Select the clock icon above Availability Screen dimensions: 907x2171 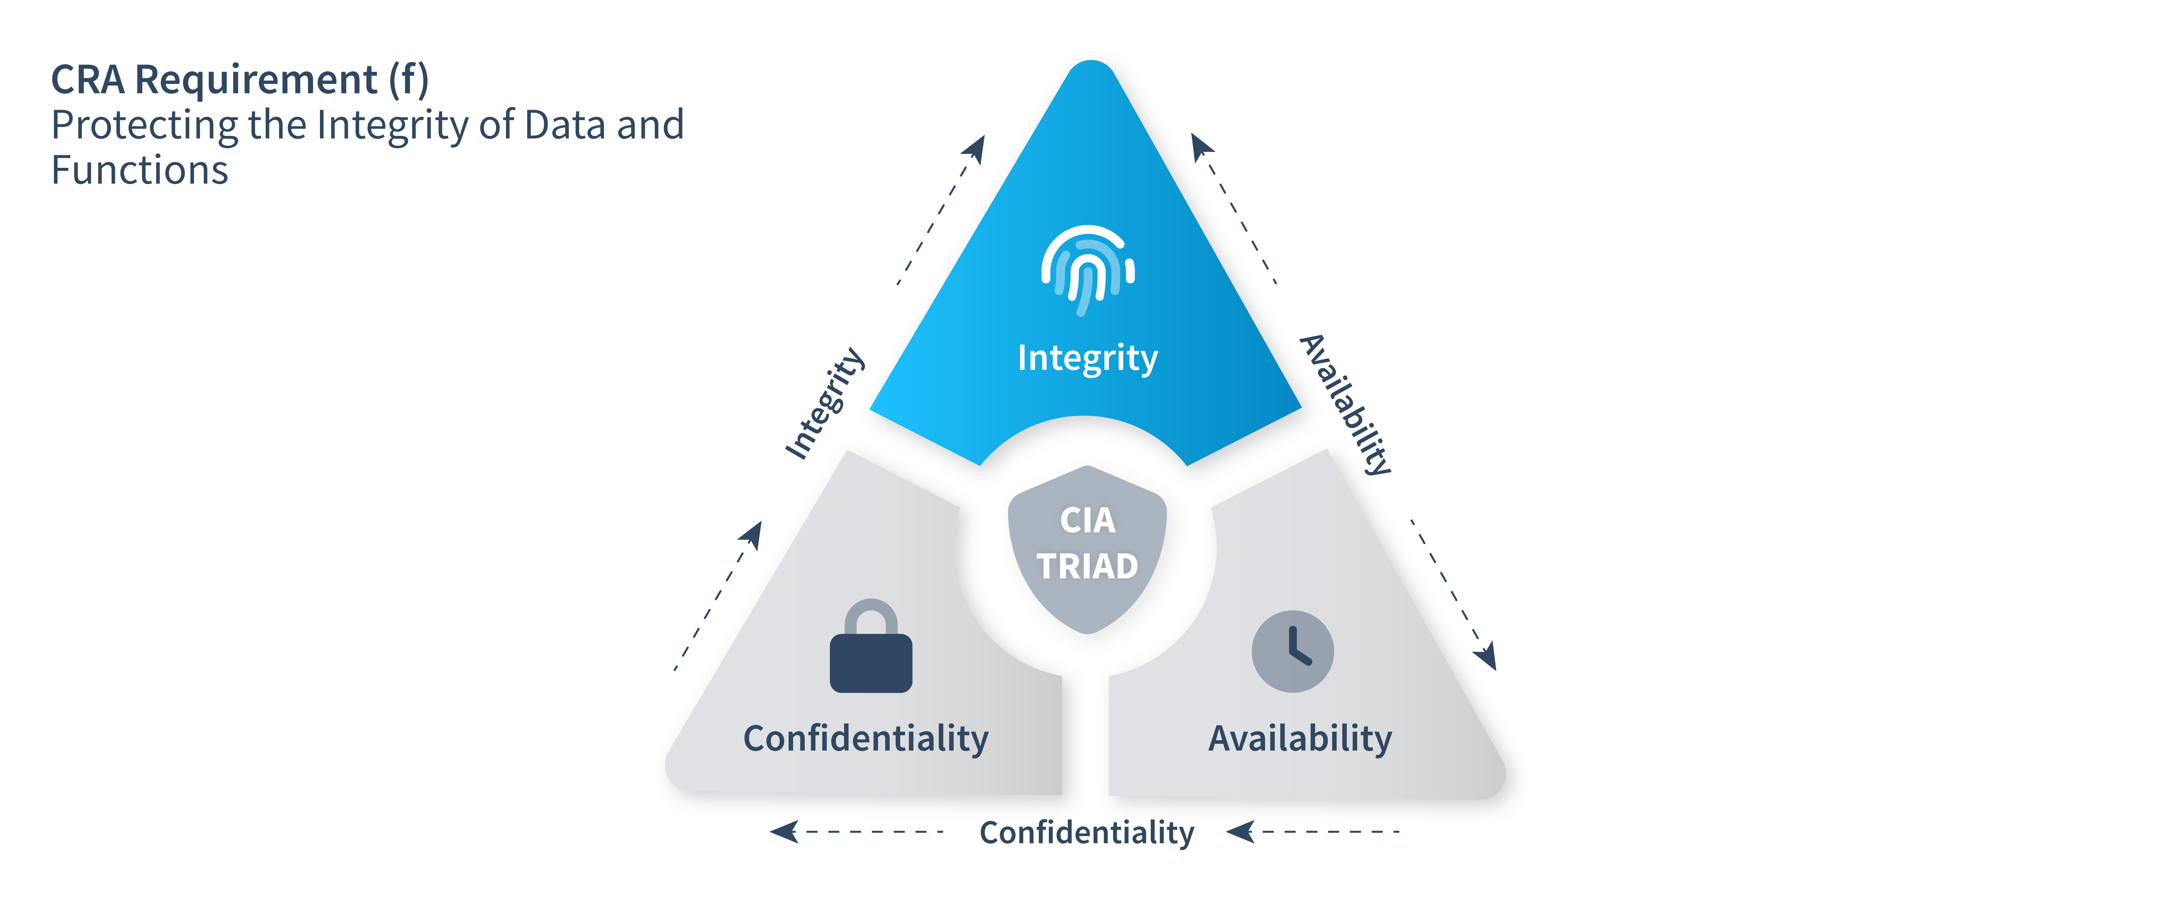coord(1292,652)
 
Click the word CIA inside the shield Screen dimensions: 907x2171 coord(1087,520)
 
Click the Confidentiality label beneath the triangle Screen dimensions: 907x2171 coord(1086,833)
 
